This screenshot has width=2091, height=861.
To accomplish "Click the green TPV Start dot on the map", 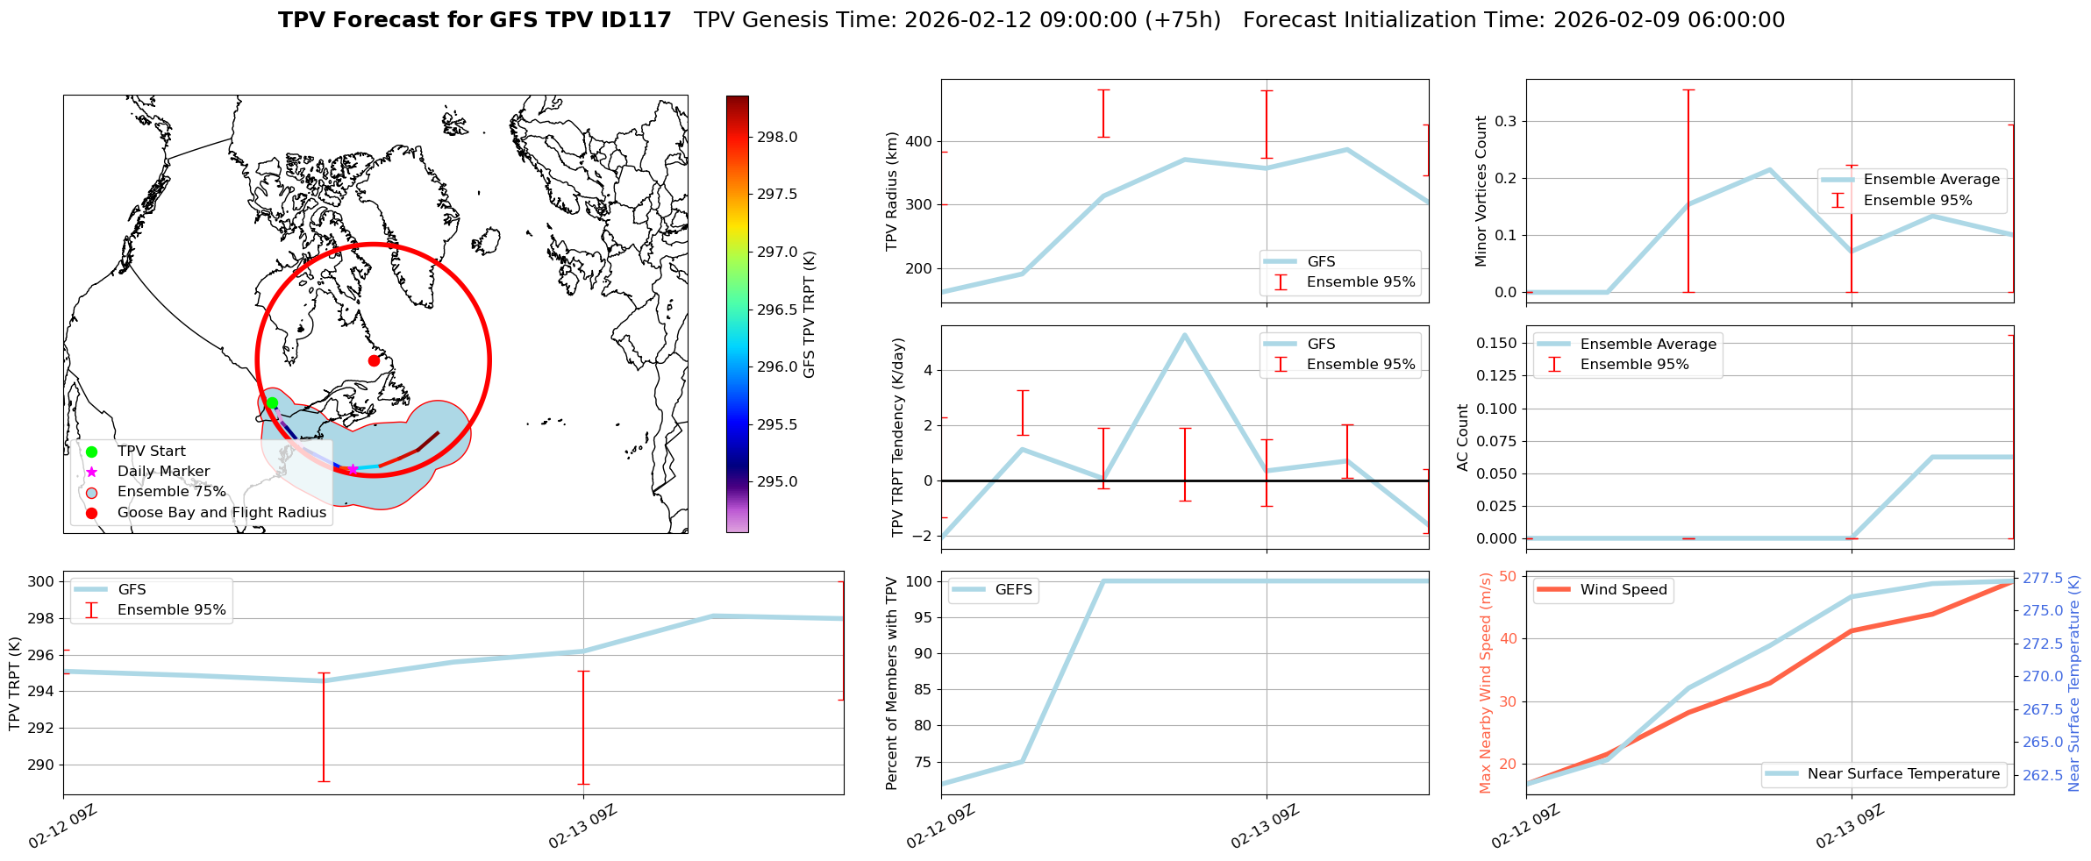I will coord(272,403).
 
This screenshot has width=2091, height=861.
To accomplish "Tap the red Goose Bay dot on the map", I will coord(374,360).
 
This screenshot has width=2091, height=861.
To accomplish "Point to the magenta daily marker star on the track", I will coord(353,469).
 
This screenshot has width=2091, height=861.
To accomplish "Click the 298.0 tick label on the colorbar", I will coord(777,138).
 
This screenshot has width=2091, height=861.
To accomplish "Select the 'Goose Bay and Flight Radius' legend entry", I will coord(221,513).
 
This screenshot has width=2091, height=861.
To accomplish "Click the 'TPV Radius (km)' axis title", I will coord(892,191).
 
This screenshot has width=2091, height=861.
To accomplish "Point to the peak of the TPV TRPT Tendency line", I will coord(1184,335).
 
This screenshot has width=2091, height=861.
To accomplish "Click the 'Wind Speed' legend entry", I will coord(1623,590).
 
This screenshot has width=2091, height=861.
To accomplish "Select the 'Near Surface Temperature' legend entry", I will coord(1903,774).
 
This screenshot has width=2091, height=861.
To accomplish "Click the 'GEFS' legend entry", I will coord(1013,590).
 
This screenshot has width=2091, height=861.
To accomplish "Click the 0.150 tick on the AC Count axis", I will coord(1496,343).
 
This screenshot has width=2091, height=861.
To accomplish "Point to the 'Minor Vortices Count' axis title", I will coord(1481,191).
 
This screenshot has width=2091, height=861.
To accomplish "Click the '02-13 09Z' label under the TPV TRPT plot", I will coord(582,827).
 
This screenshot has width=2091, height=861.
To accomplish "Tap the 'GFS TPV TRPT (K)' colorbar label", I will coord(809,314).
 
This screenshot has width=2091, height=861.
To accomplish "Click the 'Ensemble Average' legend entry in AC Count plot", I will coord(1648,345).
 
